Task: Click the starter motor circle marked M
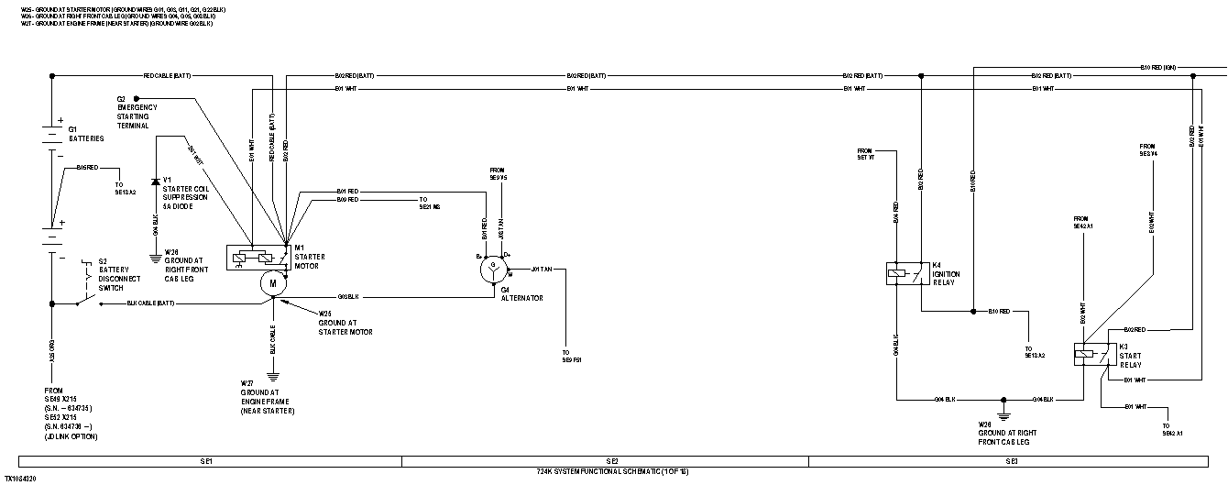[273, 284]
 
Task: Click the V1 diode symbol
[155, 182]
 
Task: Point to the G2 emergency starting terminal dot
[136, 98]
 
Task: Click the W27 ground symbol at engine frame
[273, 374]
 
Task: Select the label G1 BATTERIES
[85, 134]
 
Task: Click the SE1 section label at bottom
[207, 460]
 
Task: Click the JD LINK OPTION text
[70, 436]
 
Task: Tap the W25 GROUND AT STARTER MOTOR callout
[345, 322]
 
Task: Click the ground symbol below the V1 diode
[155, 259]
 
